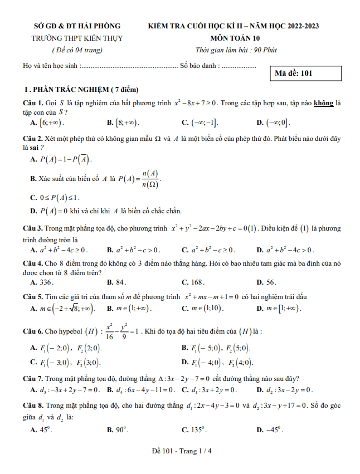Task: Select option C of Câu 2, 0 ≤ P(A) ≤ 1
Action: (59, 197)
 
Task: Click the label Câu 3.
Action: (33, 228)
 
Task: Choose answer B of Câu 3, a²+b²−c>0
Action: (137, 250)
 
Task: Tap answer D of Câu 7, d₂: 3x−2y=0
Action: (288, 389)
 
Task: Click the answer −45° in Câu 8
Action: (274, 430)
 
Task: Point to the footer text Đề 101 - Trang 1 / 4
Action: (180, 451)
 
